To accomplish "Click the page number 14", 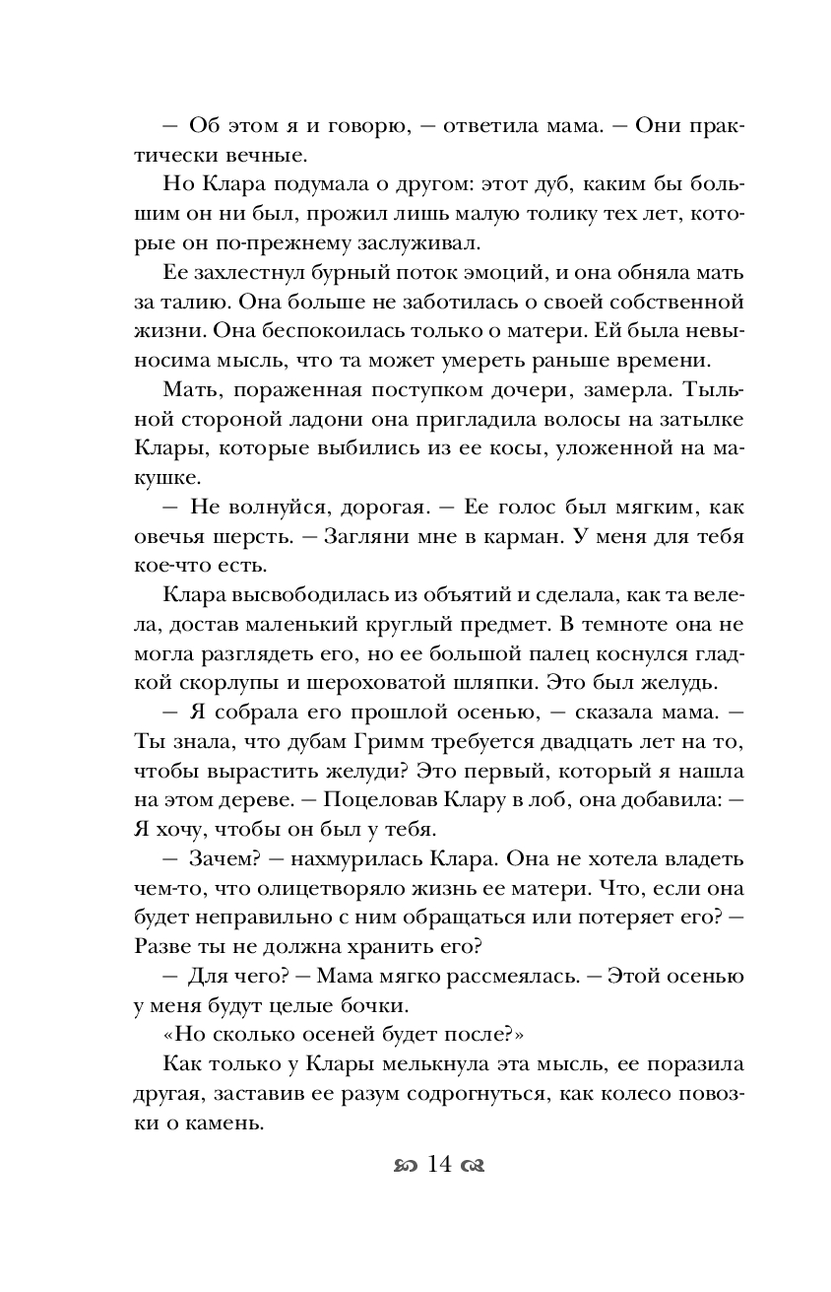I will (x=439, y=1165).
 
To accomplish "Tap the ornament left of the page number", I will (x=404, y=1167).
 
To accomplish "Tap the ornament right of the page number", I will (x=475, y=1167).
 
